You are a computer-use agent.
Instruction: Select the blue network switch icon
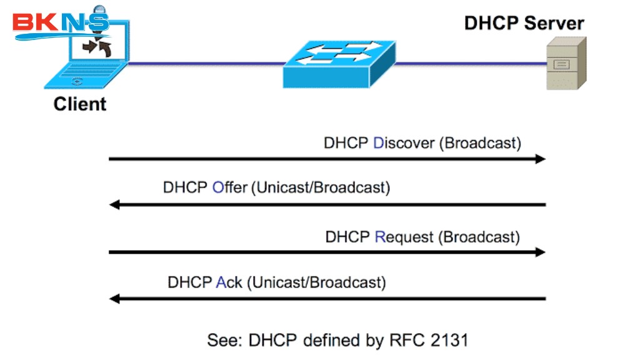pyautogui.click(x=339, y=64)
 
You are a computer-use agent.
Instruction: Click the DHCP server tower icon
pyautogui.click(x=566, y=63)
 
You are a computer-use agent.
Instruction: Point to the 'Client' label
pyautogui.click(x=80, y=104)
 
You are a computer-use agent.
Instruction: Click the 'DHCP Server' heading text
pyautogui.click(x=524, y=24)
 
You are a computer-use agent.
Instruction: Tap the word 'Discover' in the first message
pyautogui.click(x=404, y=142)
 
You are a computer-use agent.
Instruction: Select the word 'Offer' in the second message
pyautogui.click(x=230, y=187)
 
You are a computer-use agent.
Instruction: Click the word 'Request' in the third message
pyautogui.click(x=404, y=237)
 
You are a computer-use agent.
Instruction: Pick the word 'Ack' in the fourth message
pyautogui.click(x=229, y=282)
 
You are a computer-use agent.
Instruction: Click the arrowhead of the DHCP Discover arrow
pyautogui.click(x=541, y=159)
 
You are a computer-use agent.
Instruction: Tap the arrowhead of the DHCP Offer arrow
pyautogui.click(x=114, y=204)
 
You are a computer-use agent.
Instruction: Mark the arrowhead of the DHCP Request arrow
pyautogui.click(x=541, y=252)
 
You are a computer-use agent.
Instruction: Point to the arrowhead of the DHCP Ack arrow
pyautogui.click(x=114, y=299)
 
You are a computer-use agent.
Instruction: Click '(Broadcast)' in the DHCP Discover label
pyautogui.click(x=480, y=142)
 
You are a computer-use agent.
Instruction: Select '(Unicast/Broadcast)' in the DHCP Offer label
pyautogui.click(x=320, y=187)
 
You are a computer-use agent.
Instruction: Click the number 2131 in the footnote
pyautogui.click(x=448, y=340)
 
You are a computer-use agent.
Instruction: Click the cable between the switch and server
pyautogui.click(x=469, y=63)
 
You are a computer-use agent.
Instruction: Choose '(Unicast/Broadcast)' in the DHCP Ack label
pyautogui.click(x=316, y=282)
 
